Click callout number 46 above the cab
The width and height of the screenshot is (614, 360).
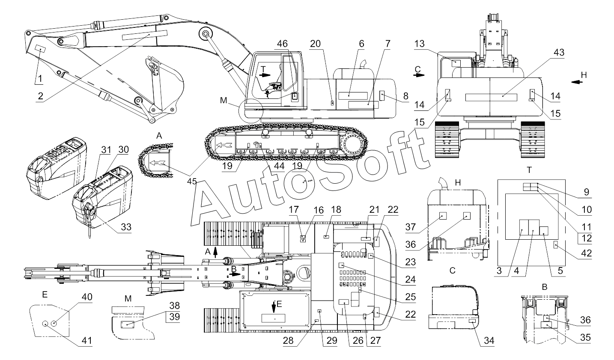tap(282, 43)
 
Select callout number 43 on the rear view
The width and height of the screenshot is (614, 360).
tap(558, 52)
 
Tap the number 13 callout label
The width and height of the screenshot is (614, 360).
tap(420, 44)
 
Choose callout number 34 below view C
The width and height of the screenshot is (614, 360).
tap(488, 341)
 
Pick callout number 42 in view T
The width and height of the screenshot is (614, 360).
tap(585, 253)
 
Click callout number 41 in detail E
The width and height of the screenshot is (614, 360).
tap(86, 340)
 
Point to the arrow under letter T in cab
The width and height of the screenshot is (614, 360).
tap(265, 74)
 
